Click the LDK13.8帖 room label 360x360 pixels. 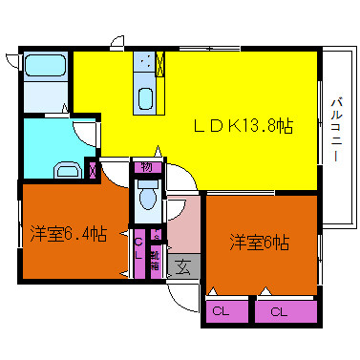click(244, 126)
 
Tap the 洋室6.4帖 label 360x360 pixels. click(69, 234)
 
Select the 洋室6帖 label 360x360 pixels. click(260, 243)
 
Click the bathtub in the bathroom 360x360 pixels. click(45, 65)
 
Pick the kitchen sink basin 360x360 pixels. click(145, 98)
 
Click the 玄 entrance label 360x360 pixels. click(183, 266)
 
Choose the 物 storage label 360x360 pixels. click(147, 167)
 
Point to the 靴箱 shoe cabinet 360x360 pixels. click(156, 262)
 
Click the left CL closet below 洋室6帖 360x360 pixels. click(226, 311)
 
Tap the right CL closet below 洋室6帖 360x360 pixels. click(286, 311)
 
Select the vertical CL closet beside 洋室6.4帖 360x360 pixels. click(139, 254)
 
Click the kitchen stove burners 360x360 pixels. click(145, 62)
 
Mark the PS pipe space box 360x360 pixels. click(157, 235)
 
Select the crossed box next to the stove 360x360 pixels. click(160, 64)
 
